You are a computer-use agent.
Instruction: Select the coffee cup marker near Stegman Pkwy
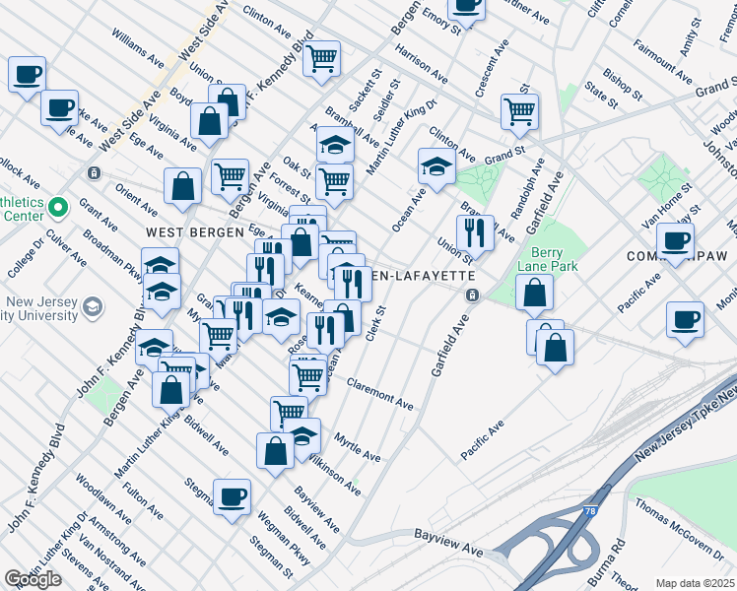pyautogui.click(x=232, y=496)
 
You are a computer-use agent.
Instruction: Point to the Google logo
pyautogui.click(x=33, y=579)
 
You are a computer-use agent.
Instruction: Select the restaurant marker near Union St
pyautogui.click(x=475, y=232)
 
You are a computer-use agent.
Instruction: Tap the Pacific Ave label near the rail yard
pyautogui.click(x=482, y=439)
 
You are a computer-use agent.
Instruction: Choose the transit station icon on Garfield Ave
pyautogui.click(x=473, y=295)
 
